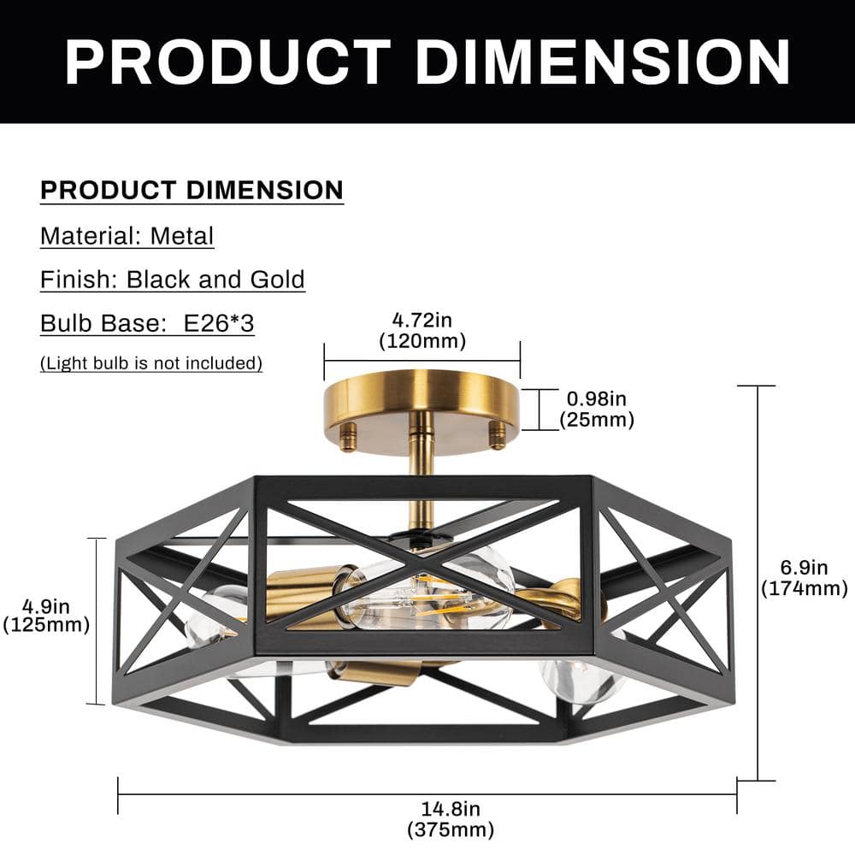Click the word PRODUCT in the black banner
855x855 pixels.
point(228,62)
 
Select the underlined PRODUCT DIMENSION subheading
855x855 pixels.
point(192,190)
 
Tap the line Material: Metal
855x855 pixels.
point(127,235)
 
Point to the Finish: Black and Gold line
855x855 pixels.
point(173,280)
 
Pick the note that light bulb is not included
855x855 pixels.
point(151,363)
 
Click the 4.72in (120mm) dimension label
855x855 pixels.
point(422,331)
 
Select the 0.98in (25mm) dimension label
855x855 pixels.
point(597,409)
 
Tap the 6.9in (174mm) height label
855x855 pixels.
point(804,577)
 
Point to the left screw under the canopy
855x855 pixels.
point(348,438)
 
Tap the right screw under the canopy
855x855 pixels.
point(496,436)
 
